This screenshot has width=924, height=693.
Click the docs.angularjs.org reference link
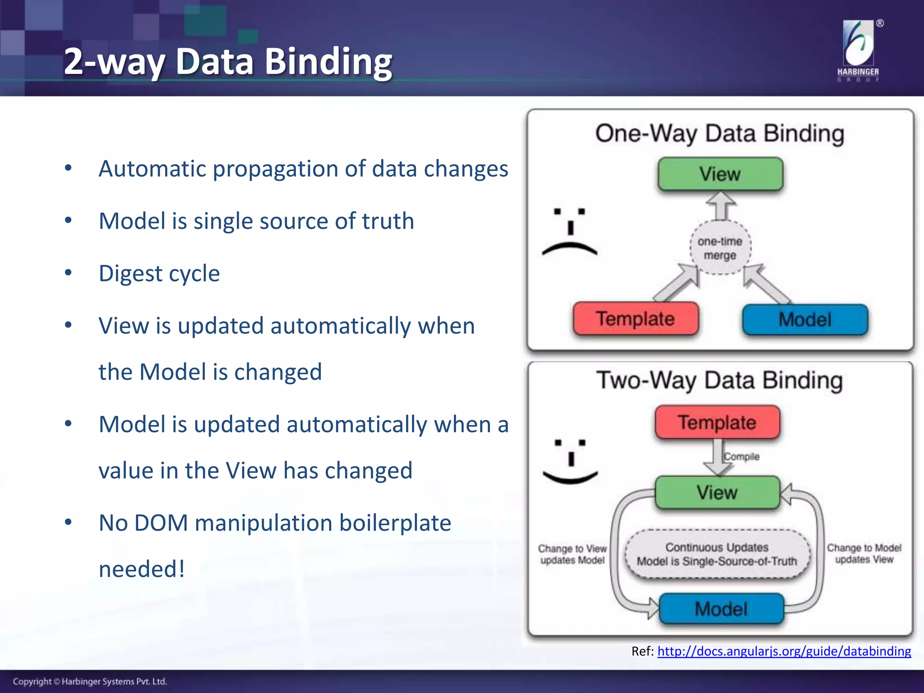[x=784, y=651]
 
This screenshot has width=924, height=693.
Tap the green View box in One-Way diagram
[x=720, y=174]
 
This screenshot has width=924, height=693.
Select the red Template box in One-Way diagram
[x=635, y=319]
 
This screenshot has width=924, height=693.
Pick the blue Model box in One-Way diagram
[x=805, y=319]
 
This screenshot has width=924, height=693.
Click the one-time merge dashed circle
[x=720, y=248]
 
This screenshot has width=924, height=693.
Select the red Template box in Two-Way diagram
[x=717, y=422]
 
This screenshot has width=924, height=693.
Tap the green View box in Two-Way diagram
[x=717, y=492]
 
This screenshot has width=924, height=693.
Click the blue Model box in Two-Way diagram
[x=721, y=609]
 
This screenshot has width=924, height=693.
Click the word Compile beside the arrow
[x=742, y=457]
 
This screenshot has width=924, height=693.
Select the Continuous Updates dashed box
[x=717, y=554]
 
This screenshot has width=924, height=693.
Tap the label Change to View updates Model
[x=572, y=554]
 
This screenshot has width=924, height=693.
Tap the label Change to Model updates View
[x=864, y=553]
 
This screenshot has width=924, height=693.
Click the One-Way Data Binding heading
[x=720, y=134]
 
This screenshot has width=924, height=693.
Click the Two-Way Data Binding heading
[x=720, y=380]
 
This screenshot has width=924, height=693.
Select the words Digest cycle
[x=159, y=273]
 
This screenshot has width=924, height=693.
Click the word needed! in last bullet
[x=142, y=568]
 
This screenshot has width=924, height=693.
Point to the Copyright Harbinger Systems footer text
[x=90, y=681]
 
